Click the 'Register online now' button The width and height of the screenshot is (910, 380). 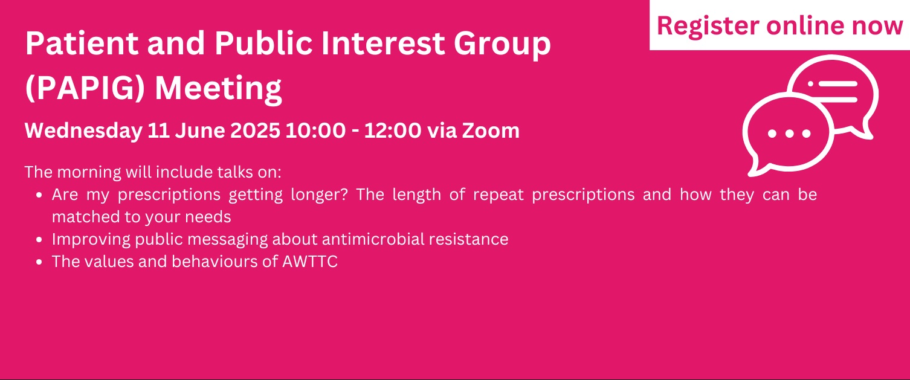click(x=779, y=25)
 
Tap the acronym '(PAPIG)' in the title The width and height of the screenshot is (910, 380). click(x=85, y=88)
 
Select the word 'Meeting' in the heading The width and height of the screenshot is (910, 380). click(x=219, y=88)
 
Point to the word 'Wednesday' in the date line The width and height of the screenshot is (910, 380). click(x=83, y=131)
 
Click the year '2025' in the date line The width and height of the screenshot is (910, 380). click(x=255, y=130)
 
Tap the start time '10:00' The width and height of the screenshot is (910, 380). click(x=315, y=130)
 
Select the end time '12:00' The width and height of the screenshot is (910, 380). click(x=392, y=130)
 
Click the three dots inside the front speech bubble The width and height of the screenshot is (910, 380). click(x=789, y=133)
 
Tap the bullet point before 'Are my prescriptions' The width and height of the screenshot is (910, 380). click(x=39, y=195)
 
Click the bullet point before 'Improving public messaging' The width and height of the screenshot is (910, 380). click(x=39, y=239)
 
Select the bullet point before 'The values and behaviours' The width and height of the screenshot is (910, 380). click(x=39, y=262)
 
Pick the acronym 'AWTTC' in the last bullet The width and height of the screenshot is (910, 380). click(x=309, y=262)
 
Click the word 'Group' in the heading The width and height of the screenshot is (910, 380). click(x=502, y=44)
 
